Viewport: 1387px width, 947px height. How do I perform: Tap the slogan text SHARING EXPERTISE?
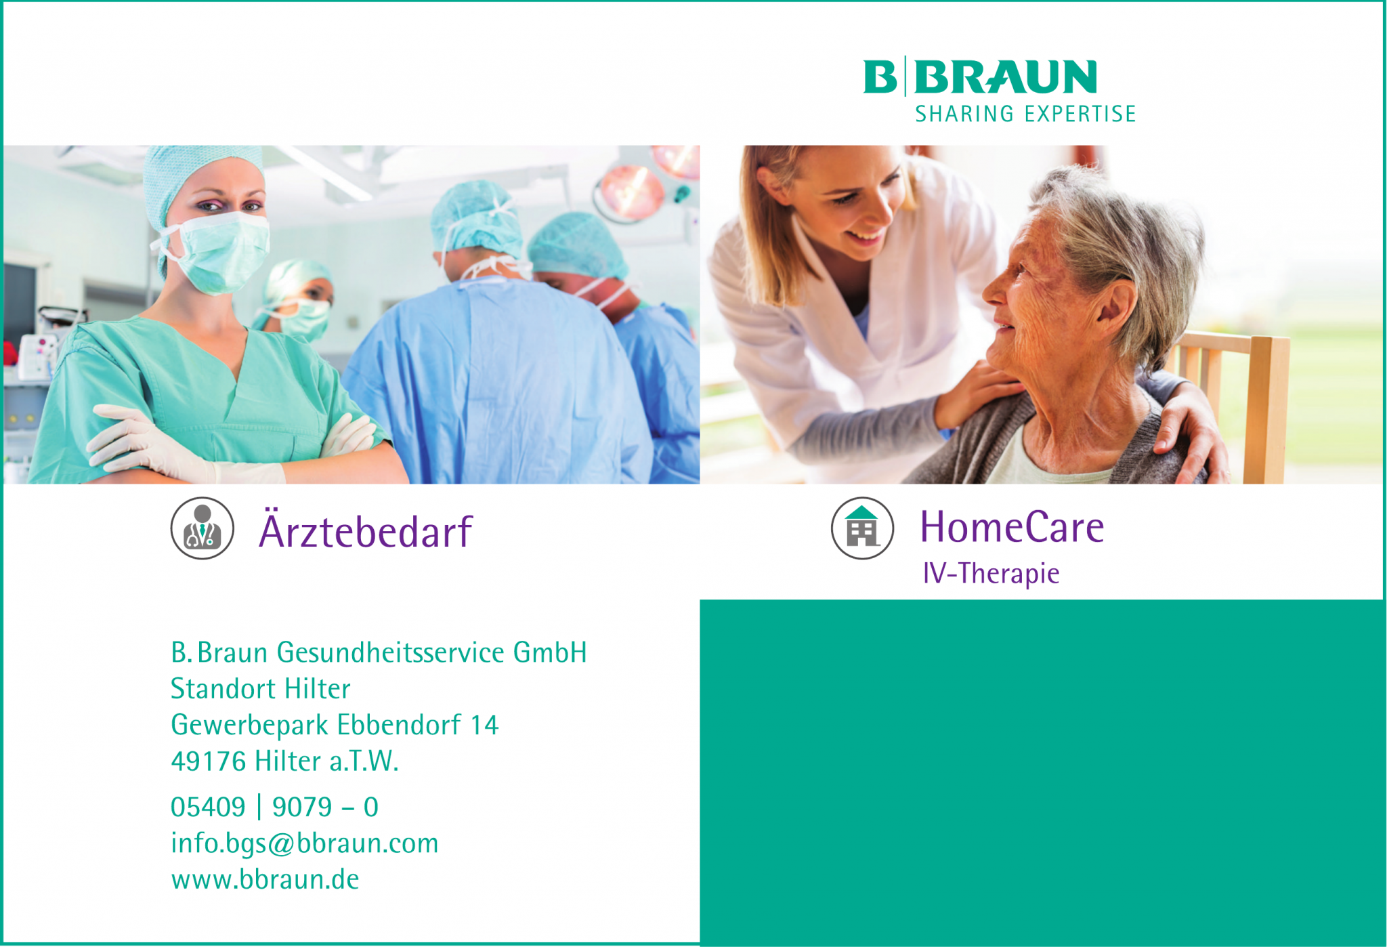[1025, 114]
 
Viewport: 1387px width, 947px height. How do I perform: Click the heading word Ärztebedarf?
[365, 532]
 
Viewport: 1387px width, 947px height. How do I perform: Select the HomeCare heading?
[1012, 528]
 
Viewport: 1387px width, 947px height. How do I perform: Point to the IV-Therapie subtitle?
[991, 574]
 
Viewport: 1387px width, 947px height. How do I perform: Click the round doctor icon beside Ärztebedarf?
[202, 528]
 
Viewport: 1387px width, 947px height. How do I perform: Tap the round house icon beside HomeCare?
[862, 528]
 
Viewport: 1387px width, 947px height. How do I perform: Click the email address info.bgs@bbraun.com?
[304, 843]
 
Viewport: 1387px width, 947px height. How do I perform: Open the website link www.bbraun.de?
[265, 879]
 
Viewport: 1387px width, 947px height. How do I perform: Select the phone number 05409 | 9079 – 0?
[274, 807]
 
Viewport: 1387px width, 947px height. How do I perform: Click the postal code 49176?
[208, 761]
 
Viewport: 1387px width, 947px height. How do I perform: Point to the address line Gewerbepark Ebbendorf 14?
[335, 725]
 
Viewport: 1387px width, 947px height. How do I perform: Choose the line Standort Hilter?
[260, 689]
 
